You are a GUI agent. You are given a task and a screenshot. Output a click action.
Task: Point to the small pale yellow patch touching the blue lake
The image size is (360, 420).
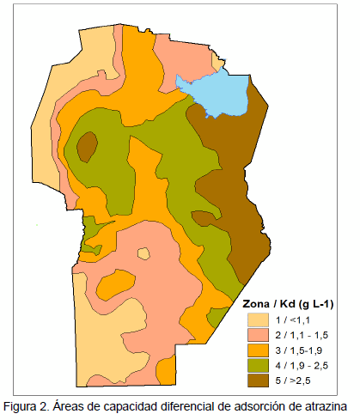tap(218, 65)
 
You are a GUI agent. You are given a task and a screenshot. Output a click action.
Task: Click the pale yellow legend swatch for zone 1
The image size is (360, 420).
tap(259, 320)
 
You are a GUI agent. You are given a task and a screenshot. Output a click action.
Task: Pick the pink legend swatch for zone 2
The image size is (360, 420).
tap(259, 335)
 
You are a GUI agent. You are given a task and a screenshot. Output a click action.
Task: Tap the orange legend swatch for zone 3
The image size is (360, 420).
tap(259, 350)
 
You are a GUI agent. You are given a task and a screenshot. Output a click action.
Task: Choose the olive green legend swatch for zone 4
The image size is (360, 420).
tap(259, 365)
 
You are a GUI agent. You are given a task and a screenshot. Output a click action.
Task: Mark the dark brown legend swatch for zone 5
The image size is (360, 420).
tap(259, 380)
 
